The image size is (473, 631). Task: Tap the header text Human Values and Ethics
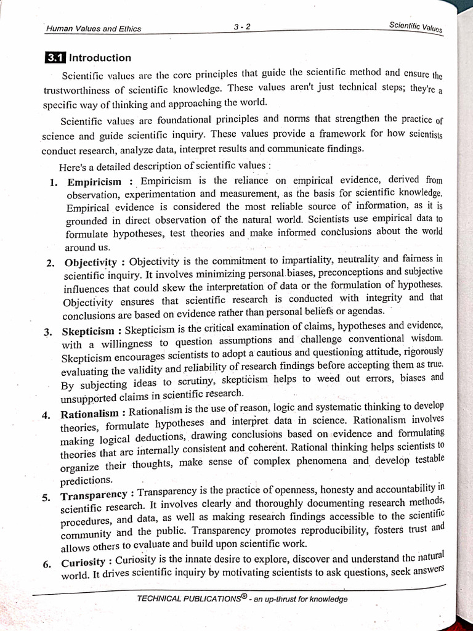click(94, 28)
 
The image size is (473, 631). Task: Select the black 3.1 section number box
click(55, 58)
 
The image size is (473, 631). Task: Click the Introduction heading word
click(100, 58)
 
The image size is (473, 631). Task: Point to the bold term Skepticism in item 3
click(89, 332)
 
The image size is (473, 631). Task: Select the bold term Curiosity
click(83, 563)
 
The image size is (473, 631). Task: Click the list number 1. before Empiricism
click(54, 182)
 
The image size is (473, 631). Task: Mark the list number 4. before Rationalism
click(46, 415)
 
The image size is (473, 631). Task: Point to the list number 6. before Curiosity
click(47, 563)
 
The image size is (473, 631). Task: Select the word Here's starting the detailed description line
click(73, 166)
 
